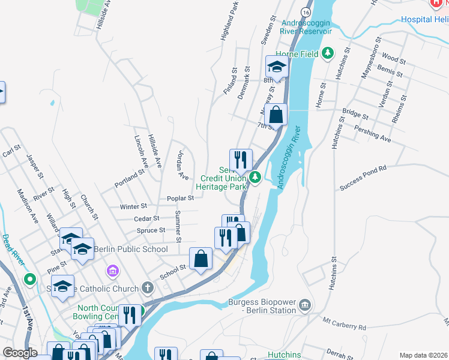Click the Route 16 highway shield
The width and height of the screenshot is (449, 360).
coord(306,12)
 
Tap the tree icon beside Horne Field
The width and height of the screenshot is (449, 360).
coord(327,54)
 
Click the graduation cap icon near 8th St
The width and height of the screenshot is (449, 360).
coord(277,66)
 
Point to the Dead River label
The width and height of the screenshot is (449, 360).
coord(13,250)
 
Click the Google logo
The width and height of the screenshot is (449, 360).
coord(20,353)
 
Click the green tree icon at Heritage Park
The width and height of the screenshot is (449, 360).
coord(255,177)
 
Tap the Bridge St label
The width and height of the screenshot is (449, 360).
coord(355,113)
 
